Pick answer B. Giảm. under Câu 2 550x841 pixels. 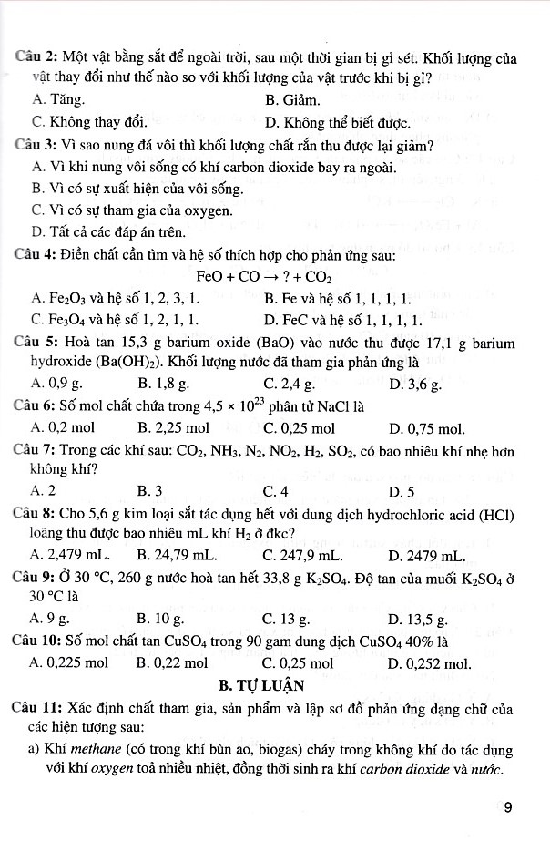point(292,99)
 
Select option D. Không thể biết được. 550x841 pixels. point(337,121)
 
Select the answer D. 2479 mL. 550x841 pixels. point(427,554)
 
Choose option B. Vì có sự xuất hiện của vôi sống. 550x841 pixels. point(137,189)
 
